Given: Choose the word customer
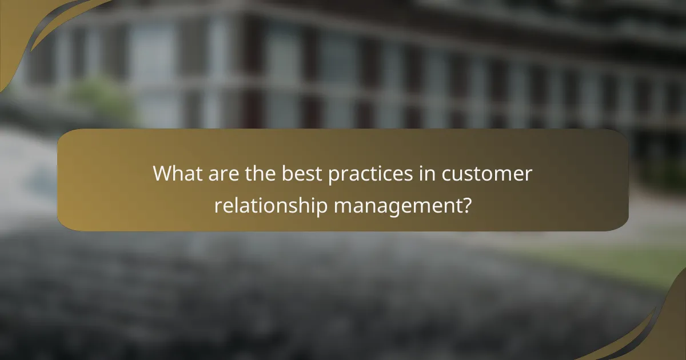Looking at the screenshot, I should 489,174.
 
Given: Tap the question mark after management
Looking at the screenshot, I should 467,205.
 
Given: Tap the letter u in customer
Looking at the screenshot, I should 466,175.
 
